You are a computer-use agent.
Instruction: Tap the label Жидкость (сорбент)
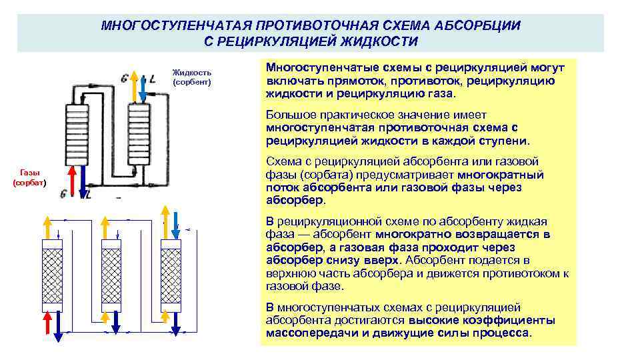click(191, 77)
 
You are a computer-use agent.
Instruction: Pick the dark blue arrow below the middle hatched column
click(117, 327)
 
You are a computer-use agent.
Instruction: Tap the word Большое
click(289, 115)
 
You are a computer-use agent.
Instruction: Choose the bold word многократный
click(501, 175)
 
